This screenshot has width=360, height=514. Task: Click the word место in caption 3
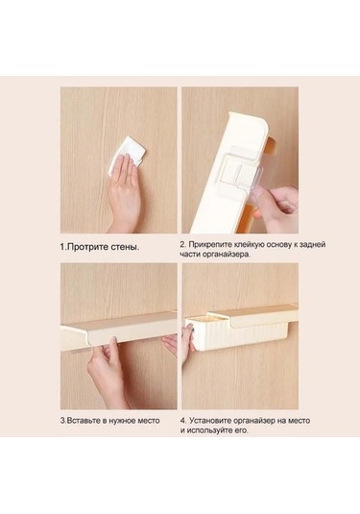(x=148, y=421)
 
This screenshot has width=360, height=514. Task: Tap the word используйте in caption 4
(x=208, y=430)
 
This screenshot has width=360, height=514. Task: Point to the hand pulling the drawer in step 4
(x=188, y=342)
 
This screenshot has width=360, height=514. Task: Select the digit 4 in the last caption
(x=182, y=421)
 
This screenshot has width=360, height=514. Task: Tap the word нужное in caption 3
(x=121, y=421)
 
